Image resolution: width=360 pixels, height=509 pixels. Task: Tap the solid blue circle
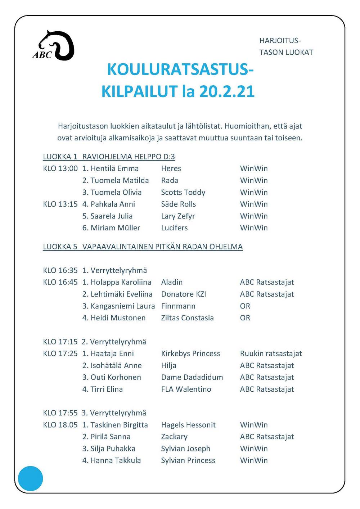tap(31, 478)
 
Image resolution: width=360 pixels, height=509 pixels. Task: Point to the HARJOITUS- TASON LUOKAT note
tap(286, 46)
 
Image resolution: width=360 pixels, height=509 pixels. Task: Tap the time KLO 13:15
tap(60, 204)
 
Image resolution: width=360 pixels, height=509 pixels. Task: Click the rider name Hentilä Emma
tap(114, 168)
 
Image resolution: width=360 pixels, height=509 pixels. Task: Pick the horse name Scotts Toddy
tap(183, 192)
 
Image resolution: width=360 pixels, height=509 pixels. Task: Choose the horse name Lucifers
tap(174, 228)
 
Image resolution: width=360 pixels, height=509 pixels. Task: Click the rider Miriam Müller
tap(115, 228)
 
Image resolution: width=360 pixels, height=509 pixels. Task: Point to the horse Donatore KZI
tap(184, 294)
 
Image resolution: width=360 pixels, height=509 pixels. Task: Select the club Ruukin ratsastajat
tap(271, 353)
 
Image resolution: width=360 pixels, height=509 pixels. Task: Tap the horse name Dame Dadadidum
tap(192, 377)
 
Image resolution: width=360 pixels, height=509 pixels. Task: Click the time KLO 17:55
tap(60, 413)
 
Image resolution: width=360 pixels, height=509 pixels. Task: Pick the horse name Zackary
tap(174, 437)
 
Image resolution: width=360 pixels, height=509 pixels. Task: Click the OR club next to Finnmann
tap(245, 306)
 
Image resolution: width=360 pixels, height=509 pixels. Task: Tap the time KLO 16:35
tap(60, 270)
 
